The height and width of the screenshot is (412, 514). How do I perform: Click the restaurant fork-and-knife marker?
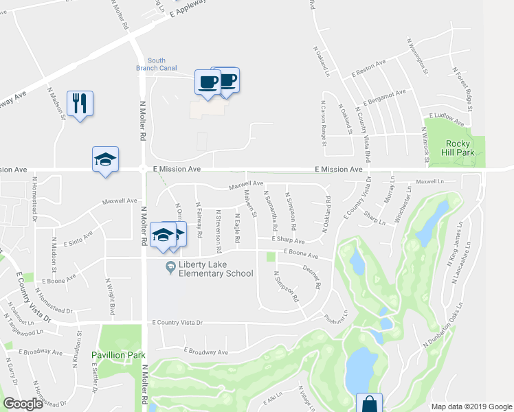(x=80, y=103)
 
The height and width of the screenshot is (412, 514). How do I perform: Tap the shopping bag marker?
(x=369, y=402)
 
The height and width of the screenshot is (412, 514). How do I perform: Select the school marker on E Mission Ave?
(x=105, y=159)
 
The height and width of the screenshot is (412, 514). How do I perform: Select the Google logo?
(x=23, y=404)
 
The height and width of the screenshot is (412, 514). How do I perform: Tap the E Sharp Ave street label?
(x=287, y=241)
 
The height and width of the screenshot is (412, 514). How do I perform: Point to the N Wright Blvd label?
(x=109, y=296)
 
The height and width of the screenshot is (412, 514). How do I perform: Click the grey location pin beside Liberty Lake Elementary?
(x=170, y=266)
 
